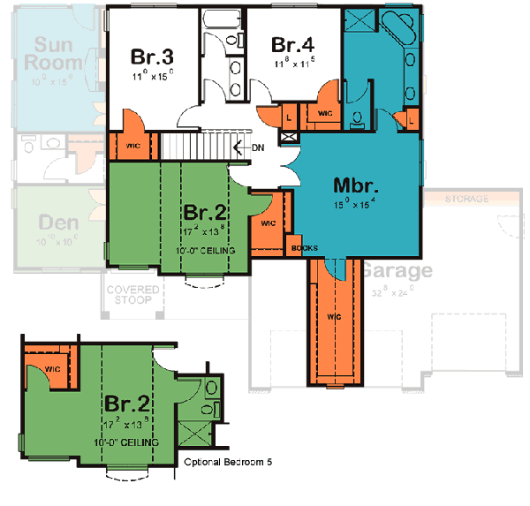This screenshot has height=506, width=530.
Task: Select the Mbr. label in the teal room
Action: click(357, 186)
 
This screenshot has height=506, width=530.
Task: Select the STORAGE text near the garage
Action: click(467, 199)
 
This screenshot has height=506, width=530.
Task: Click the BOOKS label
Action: click(304, 248)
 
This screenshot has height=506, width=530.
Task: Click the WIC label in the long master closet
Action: click(334, 315)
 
